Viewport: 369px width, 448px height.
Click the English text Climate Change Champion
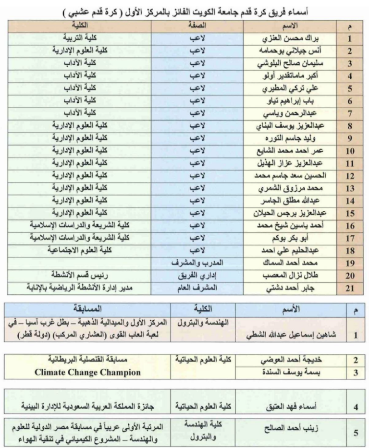(x=88, y=373)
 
